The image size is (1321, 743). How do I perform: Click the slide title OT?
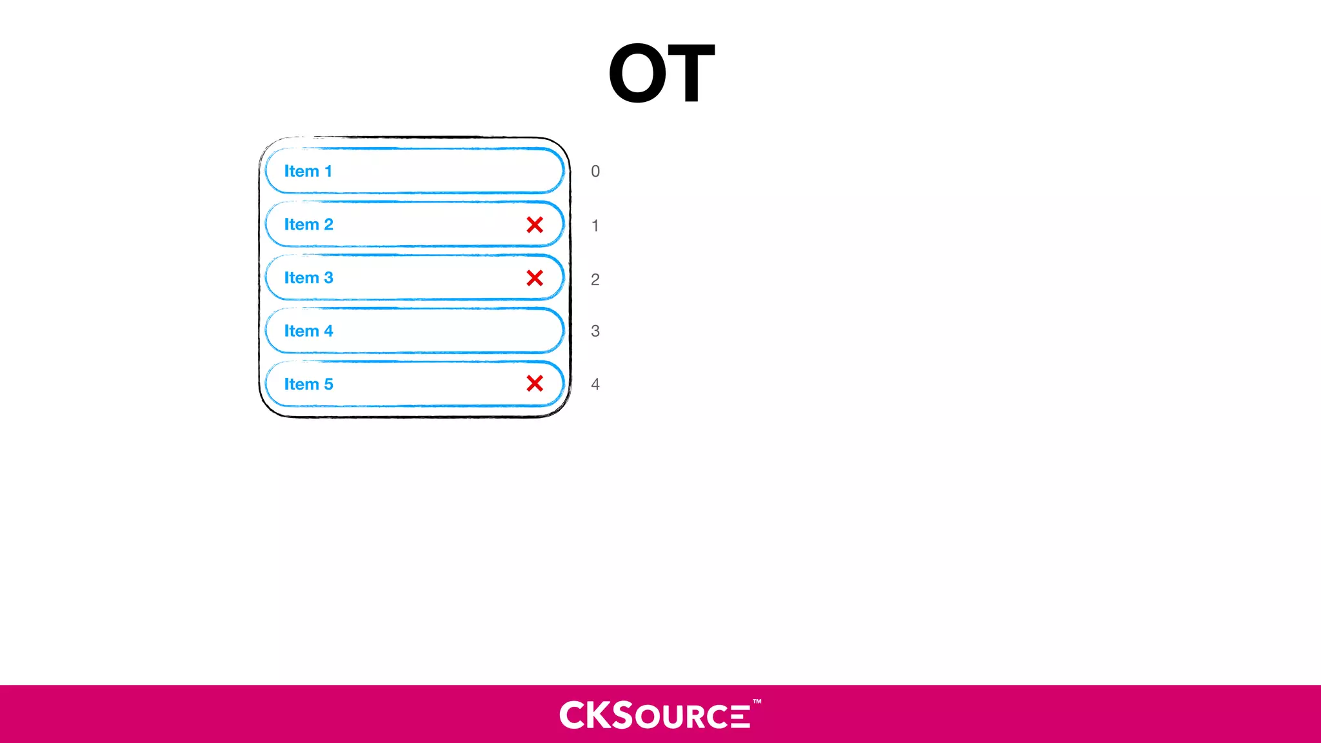661,73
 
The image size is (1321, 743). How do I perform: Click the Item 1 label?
308,171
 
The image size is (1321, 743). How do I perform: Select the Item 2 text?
308,224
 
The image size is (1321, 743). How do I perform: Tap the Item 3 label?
308,278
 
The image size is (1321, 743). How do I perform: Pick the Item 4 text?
308,331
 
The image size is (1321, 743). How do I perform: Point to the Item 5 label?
308,384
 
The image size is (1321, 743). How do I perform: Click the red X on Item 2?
535,224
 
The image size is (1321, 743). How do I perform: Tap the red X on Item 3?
535,278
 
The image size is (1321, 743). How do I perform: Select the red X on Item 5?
535,384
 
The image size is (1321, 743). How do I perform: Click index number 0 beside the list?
595,172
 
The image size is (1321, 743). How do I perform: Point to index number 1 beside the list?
595,226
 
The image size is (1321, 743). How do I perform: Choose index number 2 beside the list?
595,280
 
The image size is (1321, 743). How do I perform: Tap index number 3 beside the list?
595,332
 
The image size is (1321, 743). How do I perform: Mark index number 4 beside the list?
595,384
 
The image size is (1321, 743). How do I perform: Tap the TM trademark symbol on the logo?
757,702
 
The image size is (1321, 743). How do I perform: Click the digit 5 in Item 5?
328,384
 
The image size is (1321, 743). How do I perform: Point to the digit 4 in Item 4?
328,331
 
